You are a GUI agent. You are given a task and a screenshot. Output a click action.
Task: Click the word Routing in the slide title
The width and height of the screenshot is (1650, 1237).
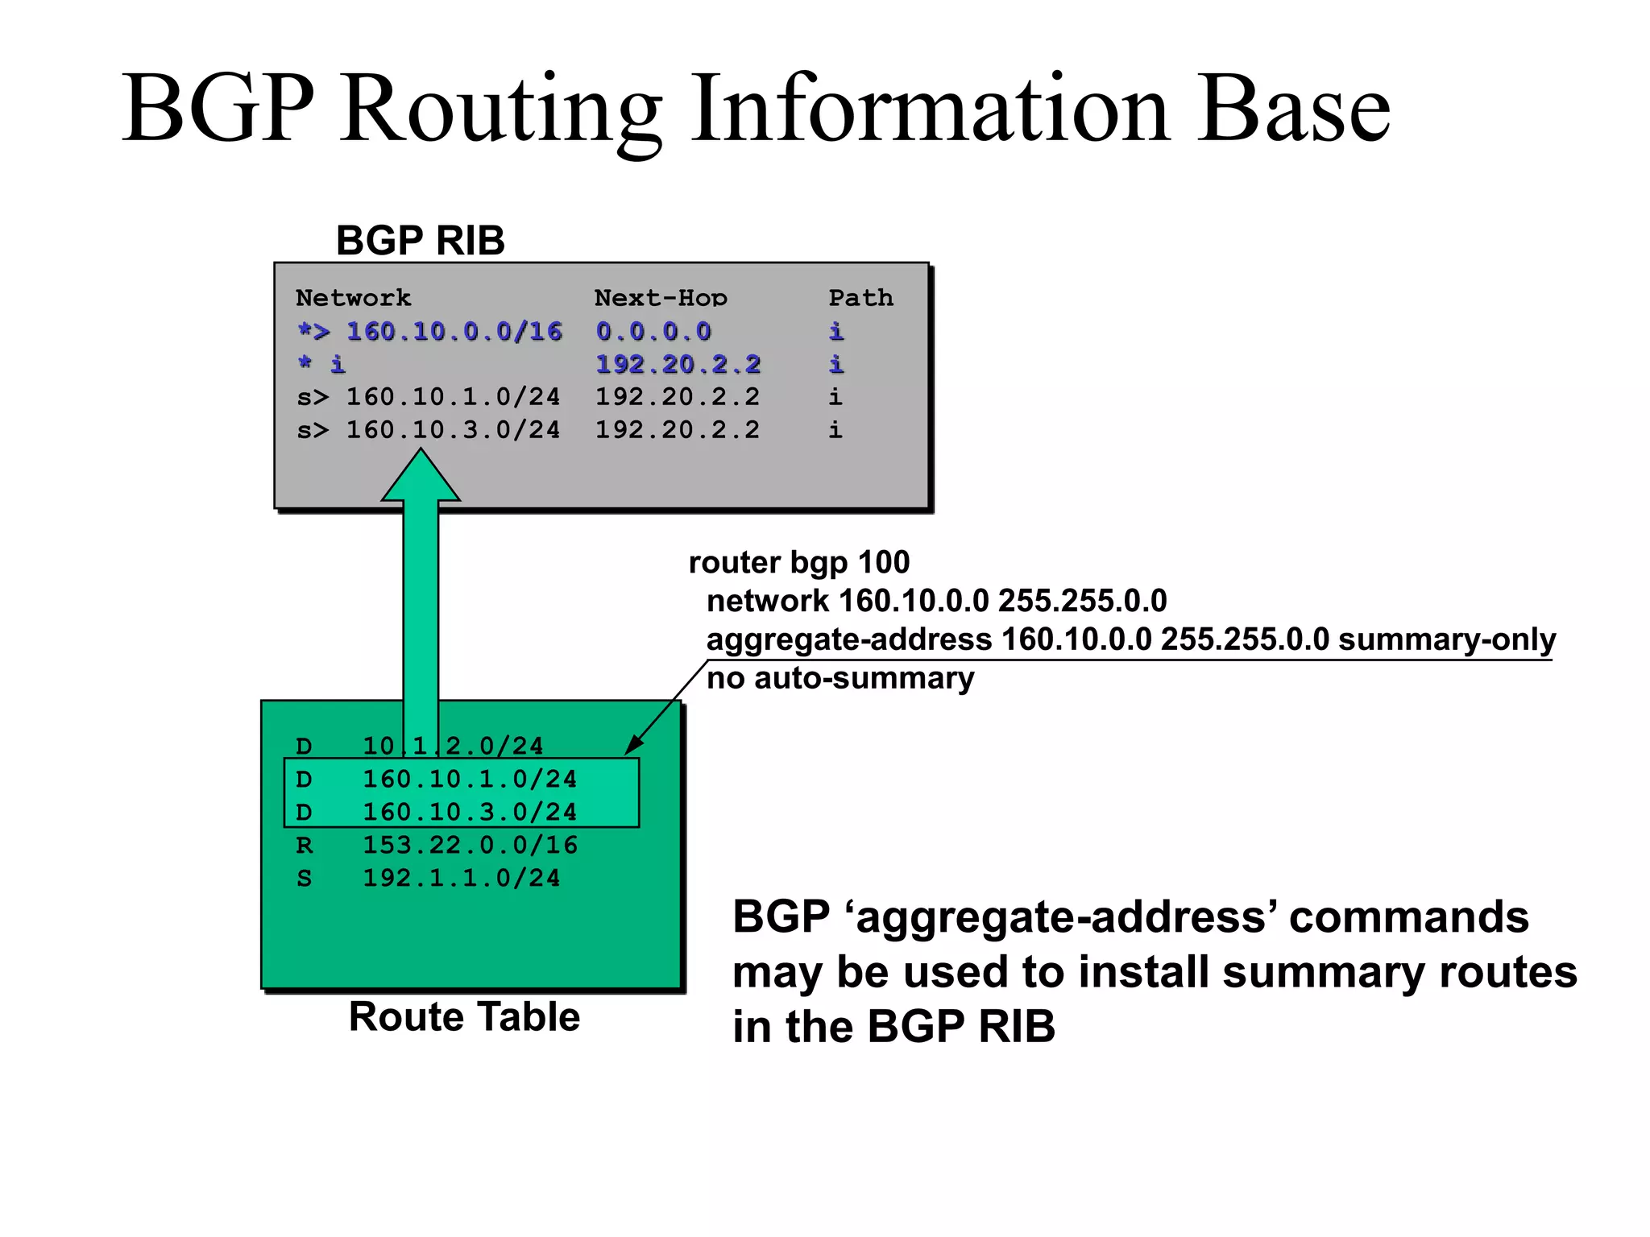(500, 109)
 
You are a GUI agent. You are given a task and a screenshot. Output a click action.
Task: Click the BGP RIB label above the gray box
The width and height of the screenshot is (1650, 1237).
(420, 240)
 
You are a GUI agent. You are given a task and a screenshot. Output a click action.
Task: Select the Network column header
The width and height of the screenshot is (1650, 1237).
(353, 298)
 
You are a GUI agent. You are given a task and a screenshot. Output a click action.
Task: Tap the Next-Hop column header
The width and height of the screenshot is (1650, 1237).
(660, 298)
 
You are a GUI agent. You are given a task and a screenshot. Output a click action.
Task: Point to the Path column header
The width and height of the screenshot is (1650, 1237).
(860, 298)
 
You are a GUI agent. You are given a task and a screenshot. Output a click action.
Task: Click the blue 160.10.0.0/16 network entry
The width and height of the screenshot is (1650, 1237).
(454, 331)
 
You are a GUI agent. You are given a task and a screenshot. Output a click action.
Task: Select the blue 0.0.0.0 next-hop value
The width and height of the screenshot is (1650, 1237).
(653, 331)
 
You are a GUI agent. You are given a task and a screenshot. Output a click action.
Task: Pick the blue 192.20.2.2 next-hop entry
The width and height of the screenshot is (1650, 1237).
(678, 364)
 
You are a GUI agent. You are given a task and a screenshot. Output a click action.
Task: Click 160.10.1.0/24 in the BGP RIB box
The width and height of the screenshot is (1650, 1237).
(453, 397)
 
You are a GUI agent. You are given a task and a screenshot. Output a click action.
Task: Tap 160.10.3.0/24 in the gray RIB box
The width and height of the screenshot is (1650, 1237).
(453, 430)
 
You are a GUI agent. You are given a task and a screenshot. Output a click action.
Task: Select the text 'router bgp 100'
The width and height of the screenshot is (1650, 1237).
(798, 562)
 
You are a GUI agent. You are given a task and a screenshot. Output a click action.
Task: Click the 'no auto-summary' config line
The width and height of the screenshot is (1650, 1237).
(840, 678)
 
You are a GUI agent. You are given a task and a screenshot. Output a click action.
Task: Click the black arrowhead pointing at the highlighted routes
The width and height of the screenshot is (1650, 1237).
(635, 744)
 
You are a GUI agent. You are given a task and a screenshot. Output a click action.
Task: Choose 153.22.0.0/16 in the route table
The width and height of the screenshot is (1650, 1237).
(470, 845)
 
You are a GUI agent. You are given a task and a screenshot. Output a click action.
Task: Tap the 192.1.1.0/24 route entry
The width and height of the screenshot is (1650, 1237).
(461, 878)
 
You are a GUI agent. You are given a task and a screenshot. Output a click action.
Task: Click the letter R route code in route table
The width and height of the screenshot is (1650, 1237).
(304, 845)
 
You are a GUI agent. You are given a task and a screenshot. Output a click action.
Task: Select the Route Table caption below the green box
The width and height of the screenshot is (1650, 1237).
(464, 1016)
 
